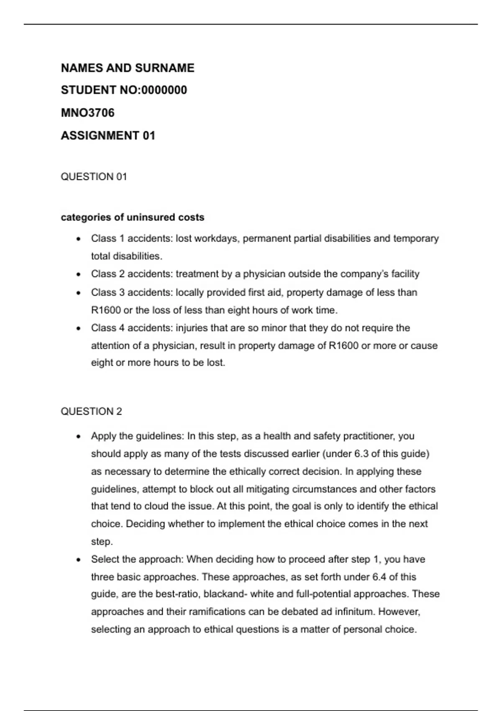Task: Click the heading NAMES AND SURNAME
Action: (128, 68)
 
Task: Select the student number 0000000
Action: (164, 90)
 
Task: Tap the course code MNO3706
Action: (87, 113)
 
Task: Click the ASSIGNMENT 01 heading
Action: (108, 136)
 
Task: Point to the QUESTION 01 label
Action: (94, 176)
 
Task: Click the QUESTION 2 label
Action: (91, 412)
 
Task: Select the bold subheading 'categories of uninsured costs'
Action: (133, 217)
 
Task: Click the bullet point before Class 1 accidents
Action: (78, 239)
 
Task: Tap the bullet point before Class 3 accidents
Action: (78, 293)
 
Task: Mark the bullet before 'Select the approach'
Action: (78, 560)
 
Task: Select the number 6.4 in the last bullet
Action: (379, 577)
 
